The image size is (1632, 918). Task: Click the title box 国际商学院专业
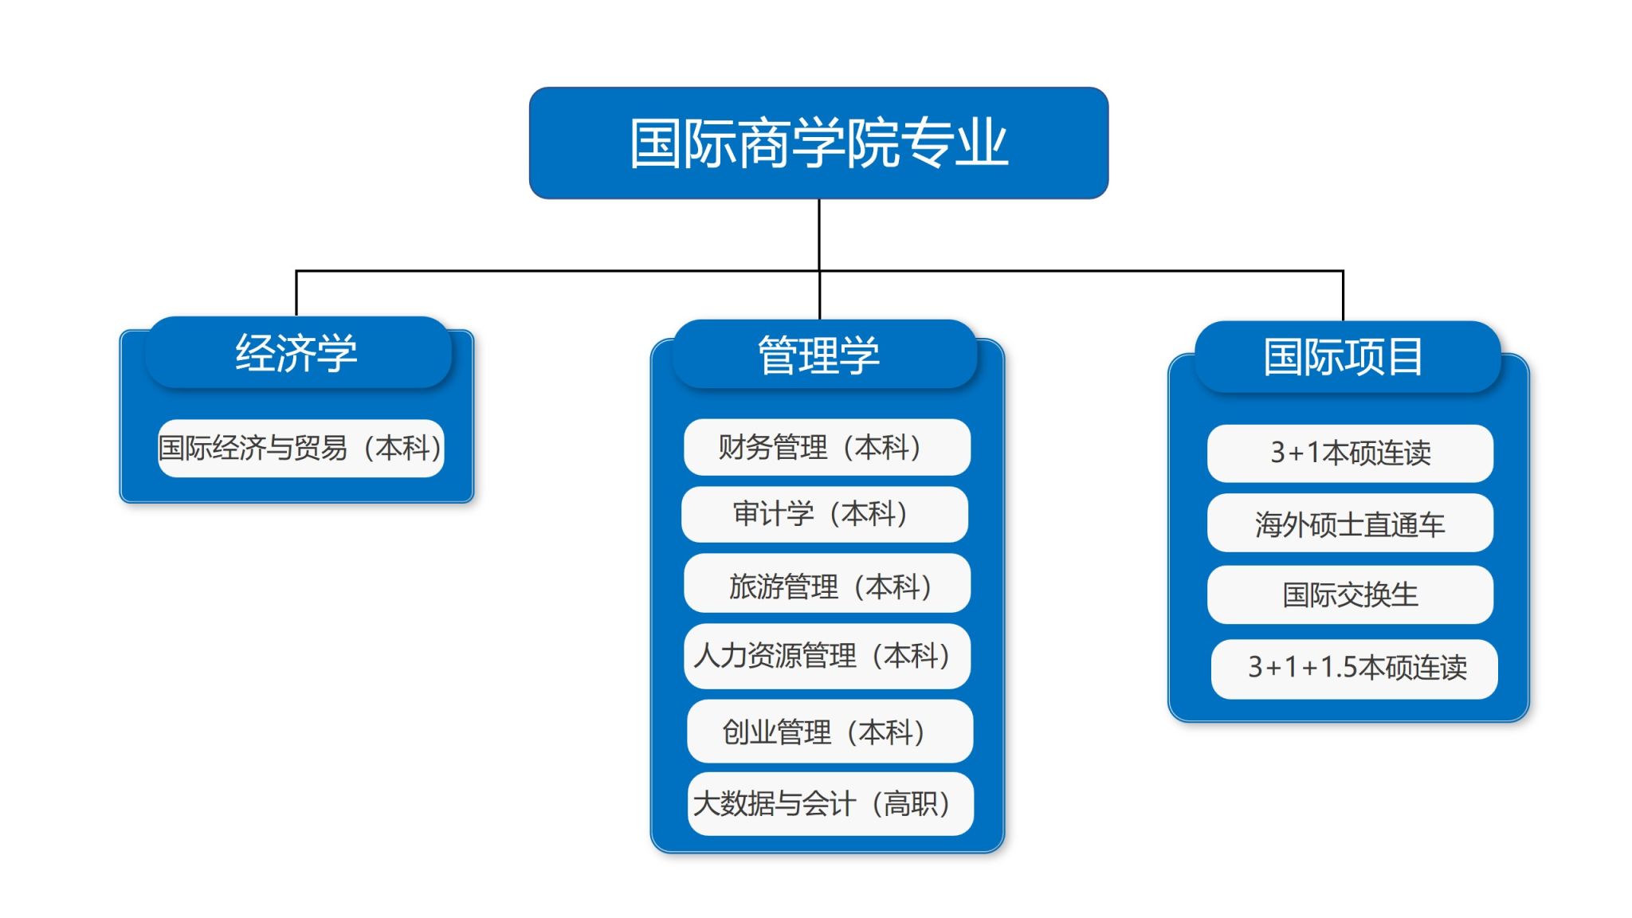818,143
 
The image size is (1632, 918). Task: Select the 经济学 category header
298,352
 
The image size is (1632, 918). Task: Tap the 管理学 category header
824,355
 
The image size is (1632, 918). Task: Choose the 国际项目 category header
1347,356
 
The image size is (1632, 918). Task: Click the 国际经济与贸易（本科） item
300,448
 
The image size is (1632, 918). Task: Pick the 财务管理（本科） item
826,447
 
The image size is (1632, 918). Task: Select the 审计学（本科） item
825,514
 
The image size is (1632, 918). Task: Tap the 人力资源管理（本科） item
826,656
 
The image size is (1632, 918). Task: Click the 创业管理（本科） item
830,732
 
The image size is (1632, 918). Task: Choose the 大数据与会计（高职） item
830,803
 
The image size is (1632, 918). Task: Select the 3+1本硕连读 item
1350,453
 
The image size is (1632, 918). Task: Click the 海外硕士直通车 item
1350,523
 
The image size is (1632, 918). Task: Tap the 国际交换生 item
1350,594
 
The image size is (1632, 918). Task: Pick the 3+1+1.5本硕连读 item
1354,669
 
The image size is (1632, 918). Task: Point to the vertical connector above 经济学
296,294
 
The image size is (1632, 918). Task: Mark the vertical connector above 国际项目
1343,296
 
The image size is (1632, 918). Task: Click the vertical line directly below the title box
819,259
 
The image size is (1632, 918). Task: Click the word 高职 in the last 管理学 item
910,804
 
